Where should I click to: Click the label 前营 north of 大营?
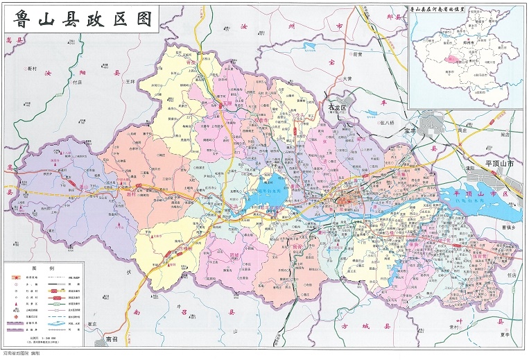click(x=357, y=54)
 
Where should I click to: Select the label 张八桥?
click(x=391, y=123)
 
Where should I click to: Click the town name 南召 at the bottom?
click(x=112, y=340)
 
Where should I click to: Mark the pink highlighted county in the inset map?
click(x=451, y=60)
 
